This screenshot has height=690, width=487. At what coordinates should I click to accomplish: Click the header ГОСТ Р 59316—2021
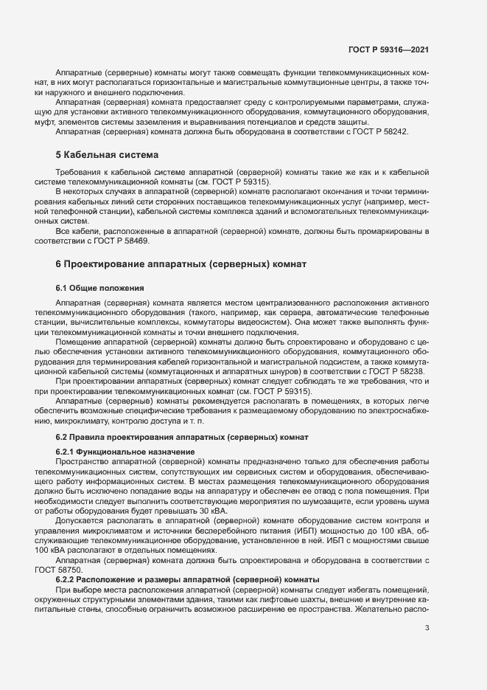(x=389, y=49)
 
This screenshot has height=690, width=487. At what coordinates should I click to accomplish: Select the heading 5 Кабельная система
(x=106, y=155)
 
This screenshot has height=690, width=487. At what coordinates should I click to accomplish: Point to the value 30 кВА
(x=214, y=510)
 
